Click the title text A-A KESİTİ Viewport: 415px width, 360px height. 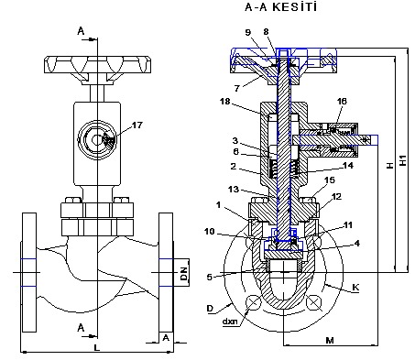pyautogui.click(x=281, y=7)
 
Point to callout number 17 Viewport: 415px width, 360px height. pyautogui.click(x=137, y=125)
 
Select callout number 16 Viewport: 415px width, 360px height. pyautogui.click(x=342, y=101)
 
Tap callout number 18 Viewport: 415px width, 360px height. pyautogui.click(x=225, y=101)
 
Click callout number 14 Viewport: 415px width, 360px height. pyautogui.click(x=348, y=166)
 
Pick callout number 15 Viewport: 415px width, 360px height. pyautogui.click(x=330, y=180)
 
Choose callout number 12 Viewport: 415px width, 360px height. pyautogui.click(x=336, y=197)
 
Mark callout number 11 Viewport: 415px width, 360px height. pyautogui.click(x=348, y=225)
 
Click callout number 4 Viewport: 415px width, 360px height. pyautogui.click(x=357, y=244)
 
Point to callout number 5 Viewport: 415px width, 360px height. pyautogui.click(x=210, y=277)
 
